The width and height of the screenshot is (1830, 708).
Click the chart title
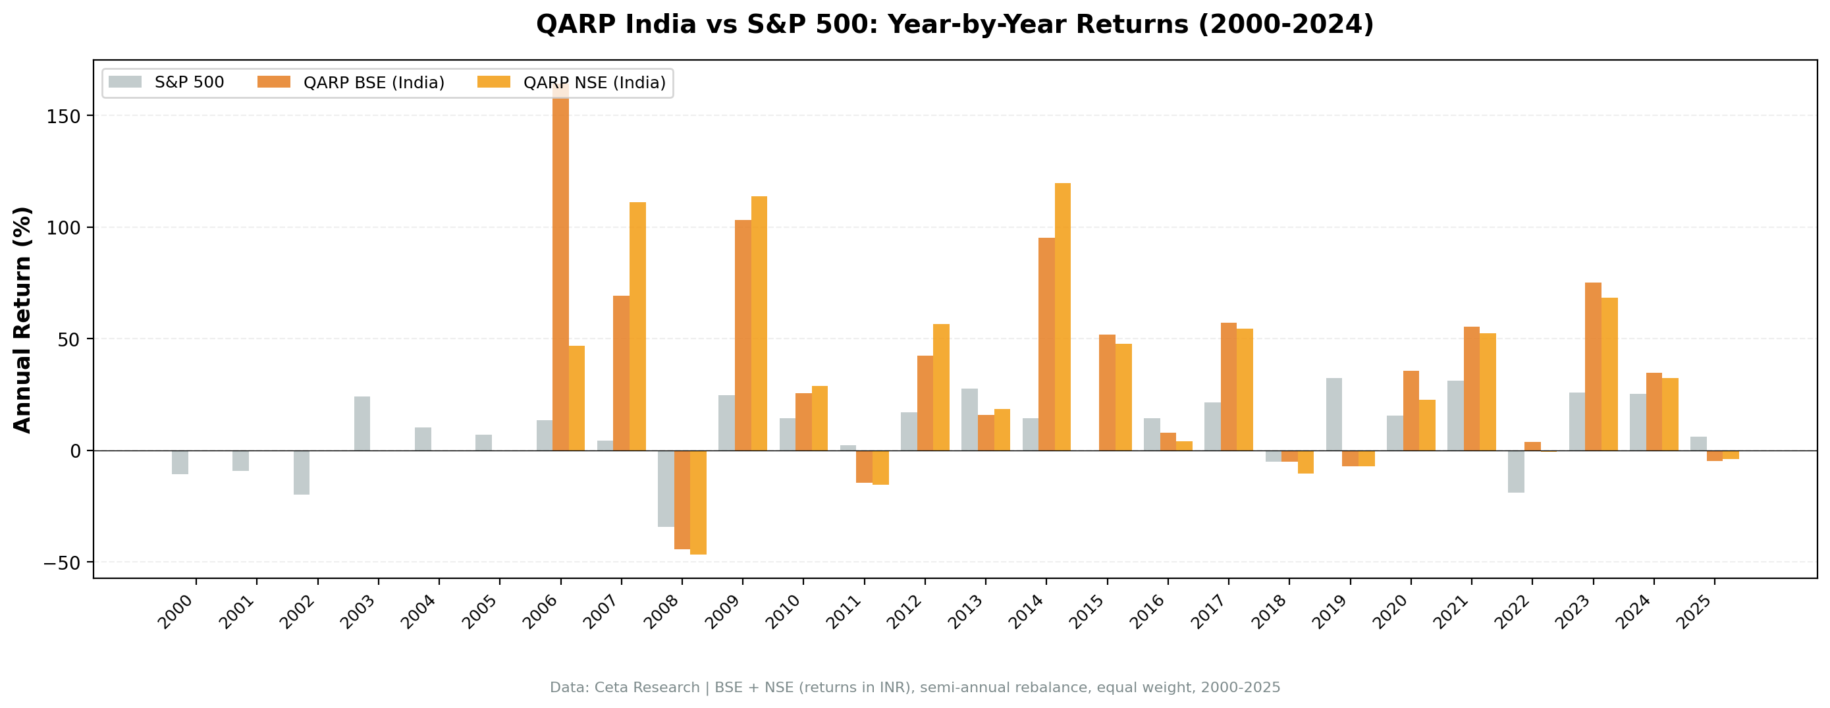click(x=954, y=25)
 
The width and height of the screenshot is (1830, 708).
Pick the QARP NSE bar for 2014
click(x=1062, y=316)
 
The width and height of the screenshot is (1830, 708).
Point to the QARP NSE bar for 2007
click(x=637, y=326)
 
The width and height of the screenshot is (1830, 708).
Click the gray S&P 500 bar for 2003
click(x=362, y=423)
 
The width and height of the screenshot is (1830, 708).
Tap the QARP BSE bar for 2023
click(x=1593, y=367)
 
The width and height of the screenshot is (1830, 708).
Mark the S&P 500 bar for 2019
click(x=1333, y=414)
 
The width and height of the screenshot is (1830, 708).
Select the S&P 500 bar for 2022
click(x=1516, y=472)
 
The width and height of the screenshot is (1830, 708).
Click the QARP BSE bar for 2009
click(x=743, y=335)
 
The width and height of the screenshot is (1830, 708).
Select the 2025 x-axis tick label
click(x=1694, y=612)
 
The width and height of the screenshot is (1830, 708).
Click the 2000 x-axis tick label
click(x=175, y=612)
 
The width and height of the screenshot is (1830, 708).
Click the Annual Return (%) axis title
click(x=23, y=320)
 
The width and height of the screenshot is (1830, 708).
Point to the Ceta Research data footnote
click(x=915, y=688)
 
